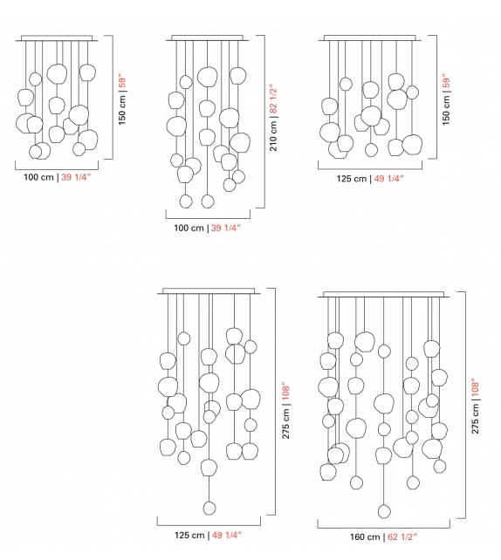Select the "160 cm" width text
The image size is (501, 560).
point(361,536)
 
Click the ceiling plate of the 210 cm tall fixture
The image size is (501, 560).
point(208,38)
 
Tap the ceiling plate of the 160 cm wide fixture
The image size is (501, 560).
point(383,295)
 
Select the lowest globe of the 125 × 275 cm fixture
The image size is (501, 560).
point(209,508)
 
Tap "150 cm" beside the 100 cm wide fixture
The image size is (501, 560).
point(122,108)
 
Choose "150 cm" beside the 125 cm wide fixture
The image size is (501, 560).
point(446,108)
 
